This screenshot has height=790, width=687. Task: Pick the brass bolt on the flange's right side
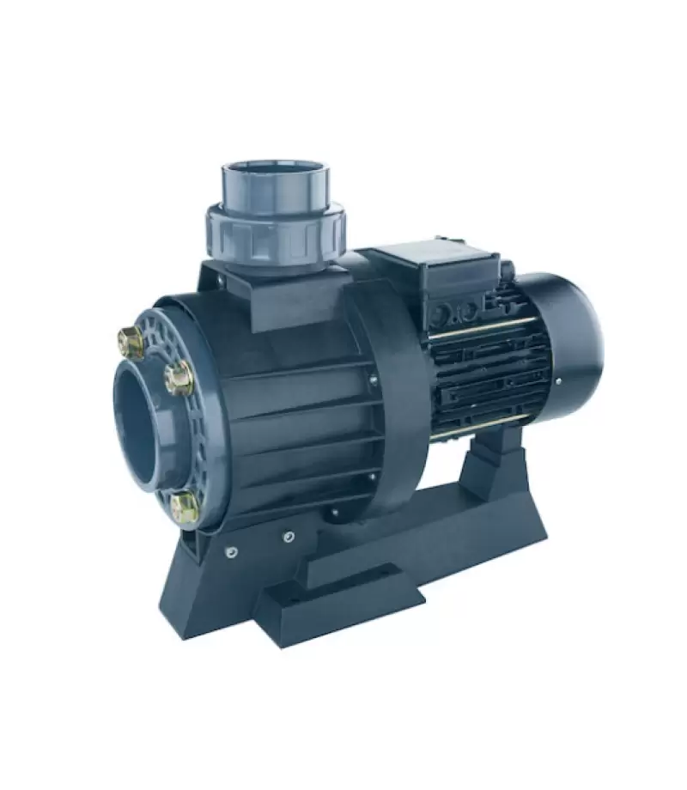tap(179, 378)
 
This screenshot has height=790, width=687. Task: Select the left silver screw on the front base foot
tap(230, 552)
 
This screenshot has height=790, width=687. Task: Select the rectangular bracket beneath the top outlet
tap(283, 292)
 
